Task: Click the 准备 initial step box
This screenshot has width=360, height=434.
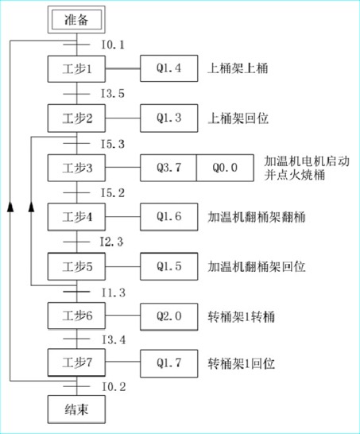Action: click(x=76, y=20)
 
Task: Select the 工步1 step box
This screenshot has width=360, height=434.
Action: click(x=76, y=69)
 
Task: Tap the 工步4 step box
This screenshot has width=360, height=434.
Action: click(x=76, y=217)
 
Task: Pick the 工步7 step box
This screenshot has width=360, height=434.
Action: click(x=76, y=362)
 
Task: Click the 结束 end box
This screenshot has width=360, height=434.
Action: click(x=76, y=409)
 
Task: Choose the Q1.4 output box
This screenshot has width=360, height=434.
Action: click(x=169, y=68)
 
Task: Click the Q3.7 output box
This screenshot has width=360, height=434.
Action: click(x=168, y=168)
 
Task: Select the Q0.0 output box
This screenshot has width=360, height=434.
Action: click(x=225, y=168)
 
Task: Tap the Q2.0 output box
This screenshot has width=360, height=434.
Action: click(x=169, y=316)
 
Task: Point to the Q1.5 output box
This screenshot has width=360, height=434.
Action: click(x=169, y=266)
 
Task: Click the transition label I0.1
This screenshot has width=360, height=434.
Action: click(x=113, y=45)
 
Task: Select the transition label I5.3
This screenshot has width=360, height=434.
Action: click(x=113, y=144)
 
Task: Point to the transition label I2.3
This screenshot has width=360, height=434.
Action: click(x=111, y=242)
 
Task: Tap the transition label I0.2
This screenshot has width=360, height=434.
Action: click(x=114, y=386)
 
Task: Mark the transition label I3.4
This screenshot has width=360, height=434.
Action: click(x=114, y=339)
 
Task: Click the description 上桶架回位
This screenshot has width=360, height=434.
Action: click(x=238, y=118)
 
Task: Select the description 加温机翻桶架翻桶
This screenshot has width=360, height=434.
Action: click(x=257, y=217)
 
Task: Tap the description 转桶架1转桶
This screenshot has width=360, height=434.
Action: click(x=242, y=316)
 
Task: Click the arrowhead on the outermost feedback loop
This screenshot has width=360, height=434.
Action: click(x=10, y=207)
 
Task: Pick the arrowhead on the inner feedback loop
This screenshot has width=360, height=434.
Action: click(x=31, y=207)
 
